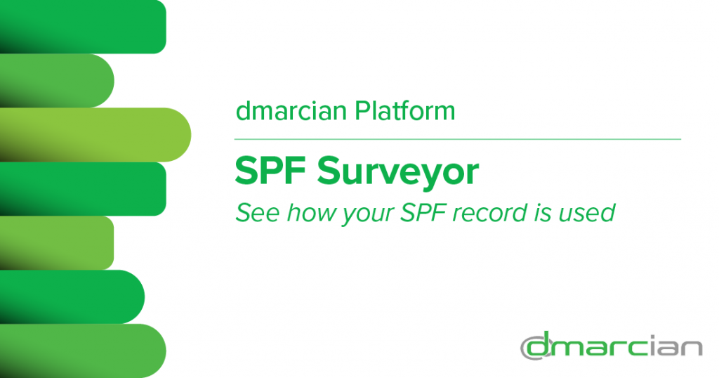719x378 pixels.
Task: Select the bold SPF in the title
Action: click(270, 171)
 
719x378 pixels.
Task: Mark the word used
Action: click(587, 213)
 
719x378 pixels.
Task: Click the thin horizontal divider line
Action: click(458, 138)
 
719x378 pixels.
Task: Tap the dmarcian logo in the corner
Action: click(612, 346)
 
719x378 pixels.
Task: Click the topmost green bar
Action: click(83, 27)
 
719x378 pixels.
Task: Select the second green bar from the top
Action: click(57, 81)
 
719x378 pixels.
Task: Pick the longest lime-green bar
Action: click(95, 135)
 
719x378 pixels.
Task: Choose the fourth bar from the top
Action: click(83, 188)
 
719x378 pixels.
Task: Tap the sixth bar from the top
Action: click(72, 296)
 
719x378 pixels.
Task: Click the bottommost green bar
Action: click(83, 351)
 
